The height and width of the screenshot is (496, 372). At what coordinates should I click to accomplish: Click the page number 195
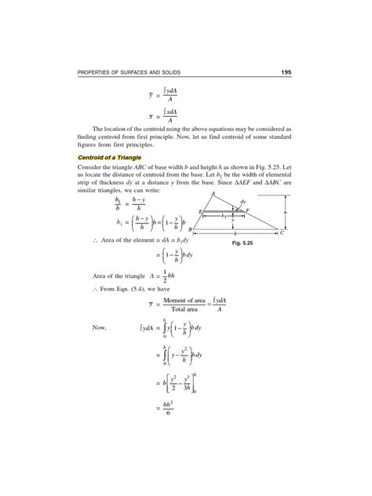tap(286, 73)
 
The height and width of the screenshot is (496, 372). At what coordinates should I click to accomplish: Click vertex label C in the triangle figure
tap(282, 234)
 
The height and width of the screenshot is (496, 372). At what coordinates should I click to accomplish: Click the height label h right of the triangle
tap(285, 212)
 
